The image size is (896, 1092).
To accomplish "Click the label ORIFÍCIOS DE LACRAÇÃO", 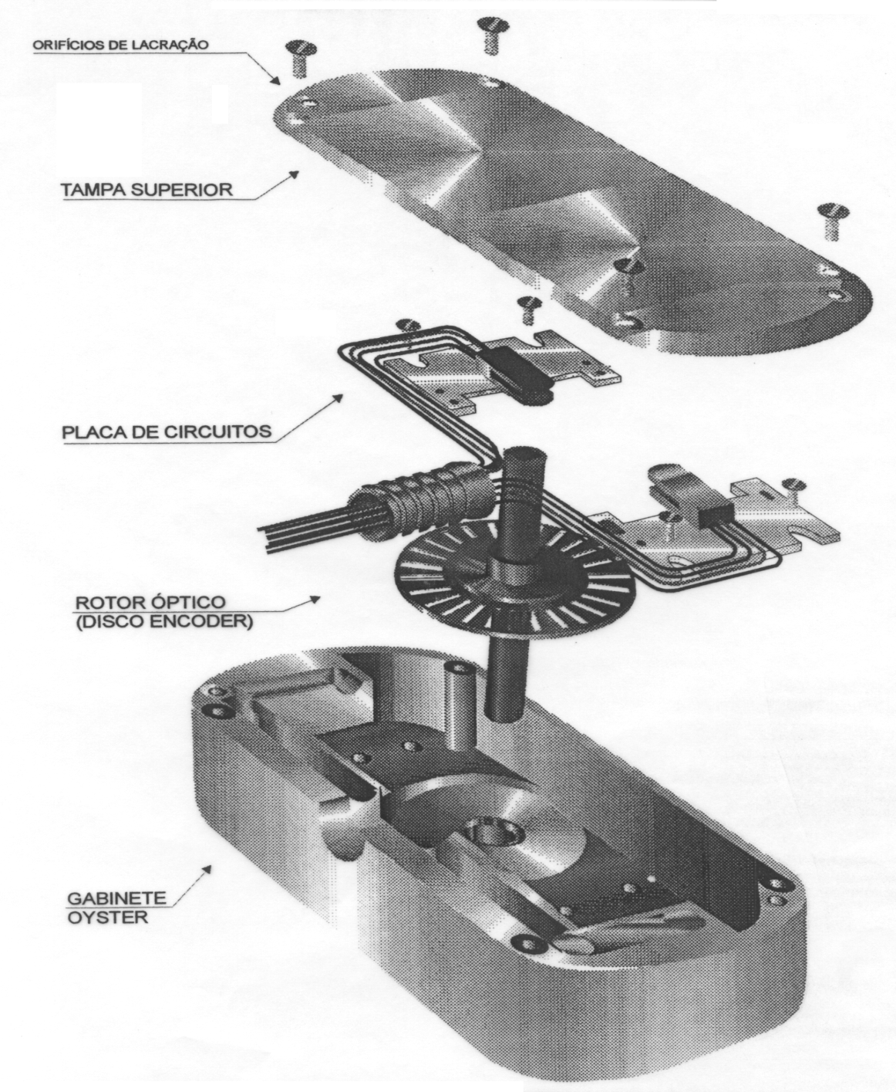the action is click(121, 45).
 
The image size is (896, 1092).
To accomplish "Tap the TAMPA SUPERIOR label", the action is click(147, 190).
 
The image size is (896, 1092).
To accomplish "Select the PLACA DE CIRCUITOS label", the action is click(167, 432).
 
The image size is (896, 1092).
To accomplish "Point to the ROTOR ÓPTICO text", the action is click(150, 602).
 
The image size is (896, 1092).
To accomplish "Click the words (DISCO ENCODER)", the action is click(164, 621).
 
